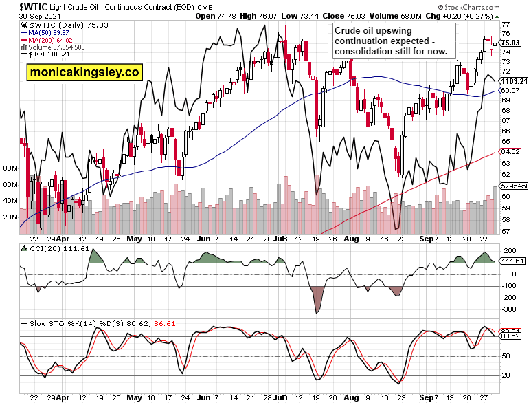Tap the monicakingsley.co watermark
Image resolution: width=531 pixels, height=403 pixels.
[x=83, y=72]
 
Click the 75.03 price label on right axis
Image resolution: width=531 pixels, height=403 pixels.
[x=510, y=42]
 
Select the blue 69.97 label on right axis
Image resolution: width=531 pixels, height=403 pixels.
[x=510, y=91]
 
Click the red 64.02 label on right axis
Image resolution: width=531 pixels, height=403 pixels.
[x=510, y=151]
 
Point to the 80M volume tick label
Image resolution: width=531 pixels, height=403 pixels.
[x=10, y=168]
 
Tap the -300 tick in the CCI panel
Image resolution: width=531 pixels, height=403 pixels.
[x=509, y=311]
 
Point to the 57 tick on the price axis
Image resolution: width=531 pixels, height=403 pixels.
[x=506, y=231]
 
